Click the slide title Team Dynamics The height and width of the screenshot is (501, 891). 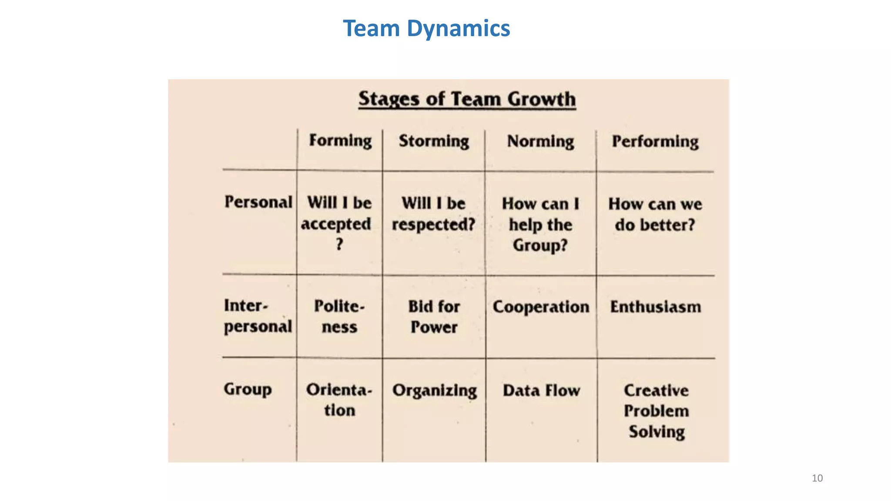[x=426, y=29]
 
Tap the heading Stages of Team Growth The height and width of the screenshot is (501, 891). [x=467, y=99]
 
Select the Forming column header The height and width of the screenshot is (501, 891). [x=340, y=141]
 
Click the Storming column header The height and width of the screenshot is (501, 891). [x=434, y=141]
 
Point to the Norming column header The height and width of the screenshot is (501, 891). [x=540, y=142]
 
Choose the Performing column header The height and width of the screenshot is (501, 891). [x=655, y=142]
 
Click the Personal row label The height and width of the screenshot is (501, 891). [x=258, y=202]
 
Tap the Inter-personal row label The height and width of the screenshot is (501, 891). [x=258, y=316]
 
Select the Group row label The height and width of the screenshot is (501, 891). [x=248, y=389]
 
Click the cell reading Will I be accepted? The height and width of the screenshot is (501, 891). [x=338, y=224]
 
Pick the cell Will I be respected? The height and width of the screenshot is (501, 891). [x=433, y=214]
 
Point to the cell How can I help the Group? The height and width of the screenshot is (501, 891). [x=540, y=224]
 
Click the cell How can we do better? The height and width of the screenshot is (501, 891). [x=655, y=214]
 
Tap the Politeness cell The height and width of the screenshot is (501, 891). [x=339, y=317]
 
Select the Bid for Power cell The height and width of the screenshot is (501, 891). [x=434, y=317]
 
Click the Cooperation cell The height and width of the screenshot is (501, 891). [x=541, y=307]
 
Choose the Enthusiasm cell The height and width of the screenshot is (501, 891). [x=655, y=307]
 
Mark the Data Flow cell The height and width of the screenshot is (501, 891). [x=541, y=391]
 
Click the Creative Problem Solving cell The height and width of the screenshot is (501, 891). [x=656, y=411]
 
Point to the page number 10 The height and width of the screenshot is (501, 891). [x=817, y=478]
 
